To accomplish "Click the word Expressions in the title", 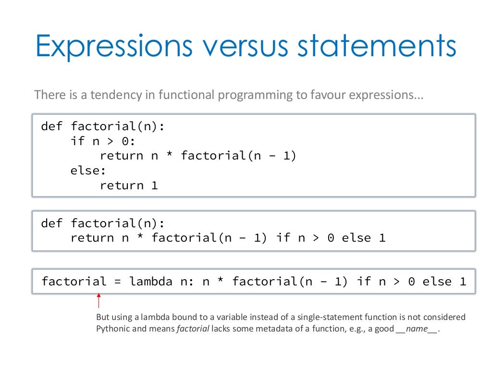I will tap(112, 46).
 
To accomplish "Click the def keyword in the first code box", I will tap(52, 126).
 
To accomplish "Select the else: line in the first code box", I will tap(88, 171).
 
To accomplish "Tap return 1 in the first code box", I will tap(129, 185).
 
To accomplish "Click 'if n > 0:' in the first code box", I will tap(103, 141).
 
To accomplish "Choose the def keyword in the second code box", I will tap(52, 223).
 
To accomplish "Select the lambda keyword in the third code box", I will tap(151, 282).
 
